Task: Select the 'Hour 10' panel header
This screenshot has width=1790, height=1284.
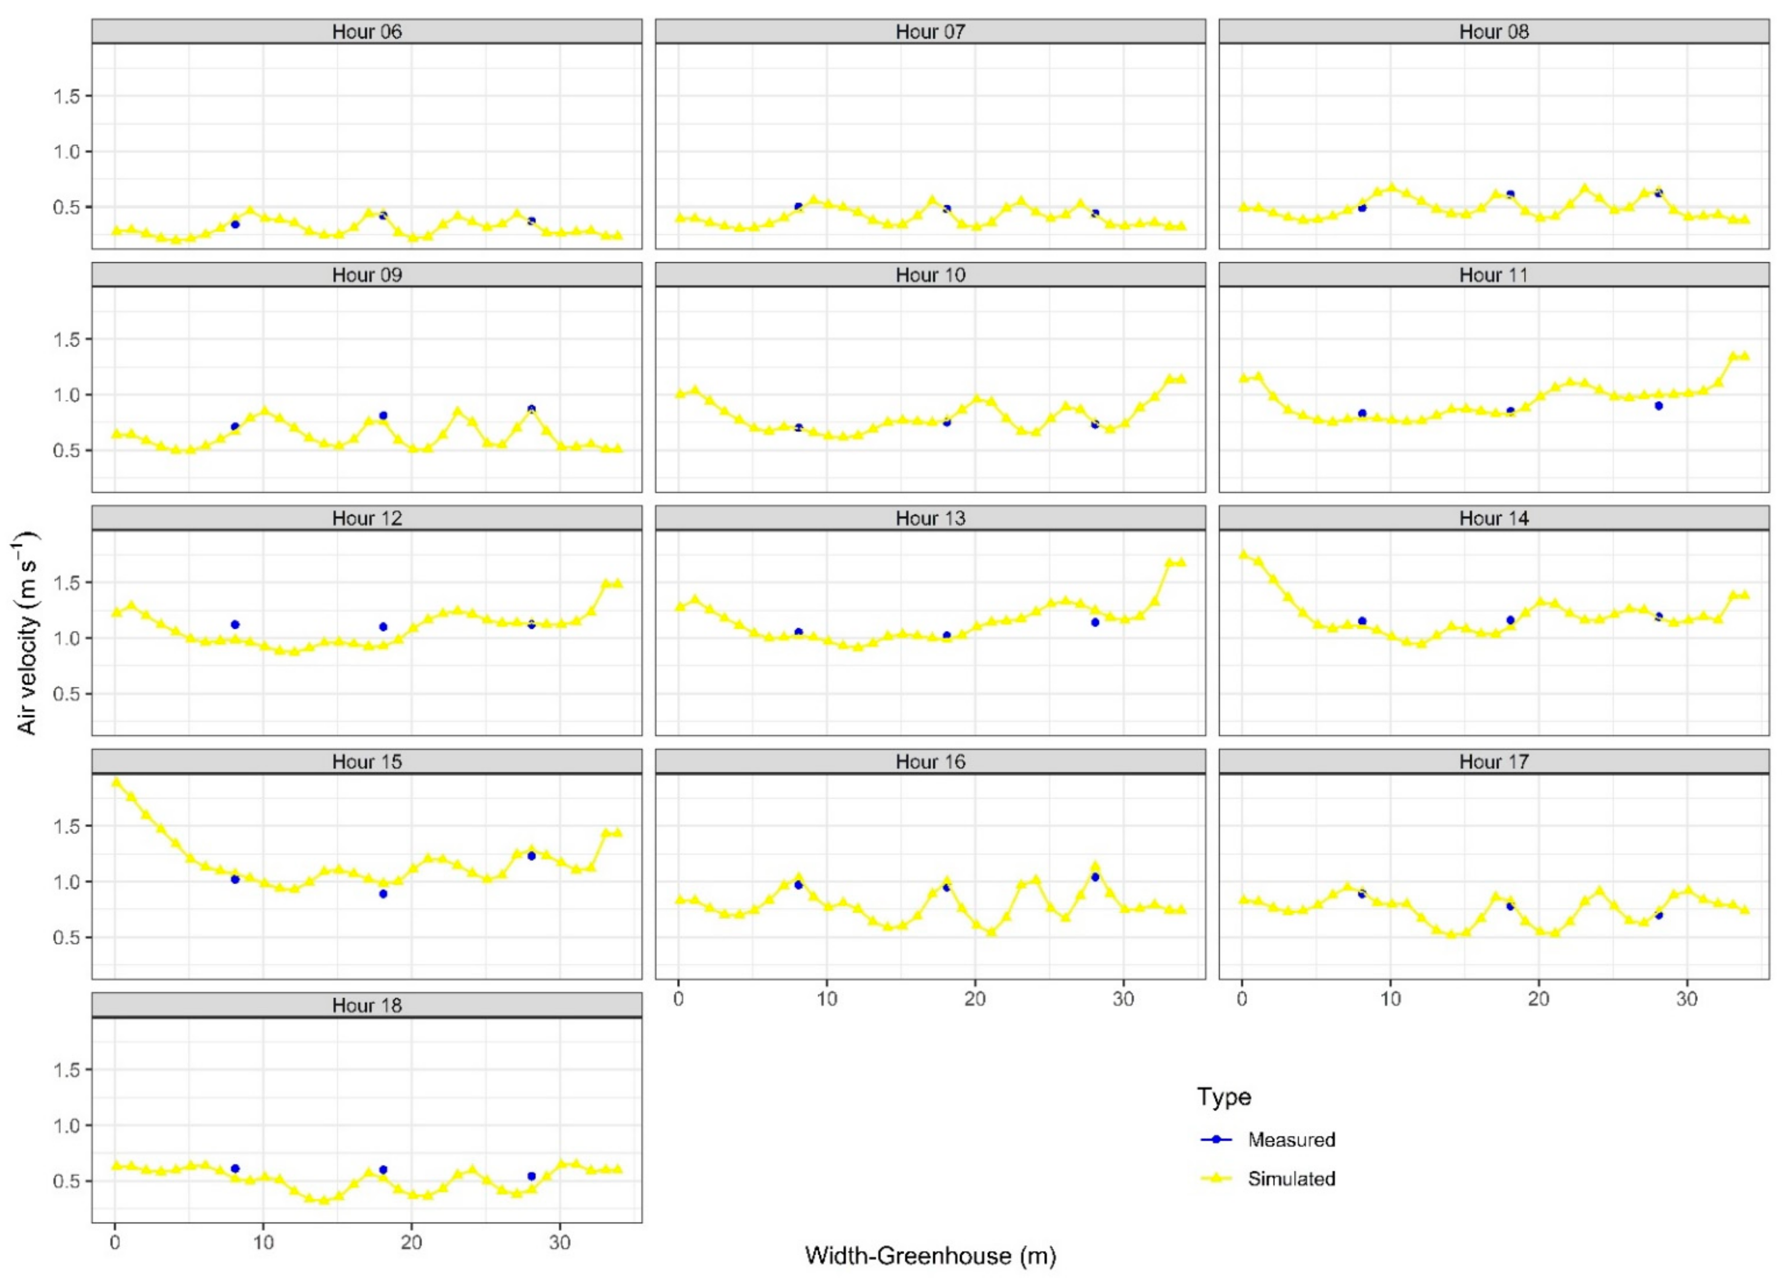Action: [x=930, y=275]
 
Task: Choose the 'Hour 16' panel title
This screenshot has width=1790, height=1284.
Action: [x=930, y=762]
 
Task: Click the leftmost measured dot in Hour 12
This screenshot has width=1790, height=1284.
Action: [x=234, y=624]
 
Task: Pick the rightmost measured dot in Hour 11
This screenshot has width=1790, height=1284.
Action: [x=1658, y=406]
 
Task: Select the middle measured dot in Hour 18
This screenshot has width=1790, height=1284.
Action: [x=383, y=1169]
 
